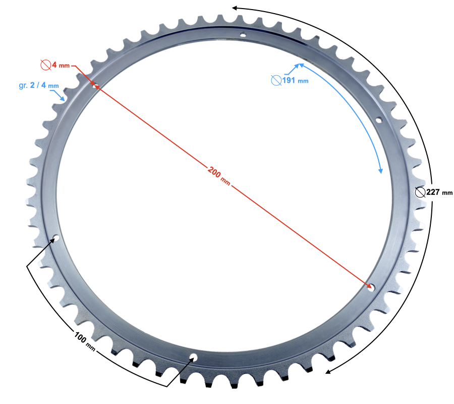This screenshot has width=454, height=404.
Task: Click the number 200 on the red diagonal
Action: pos(214,172)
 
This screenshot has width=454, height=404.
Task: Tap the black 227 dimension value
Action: pos(433,192)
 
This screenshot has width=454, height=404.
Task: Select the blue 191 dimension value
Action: pos(289,80)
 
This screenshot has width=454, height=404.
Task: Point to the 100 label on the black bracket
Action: pos(80,338)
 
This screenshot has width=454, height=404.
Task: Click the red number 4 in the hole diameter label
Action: pos(54,65)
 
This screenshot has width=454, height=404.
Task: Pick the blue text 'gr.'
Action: pos(23,85)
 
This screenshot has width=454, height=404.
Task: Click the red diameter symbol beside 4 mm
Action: pos(46,65)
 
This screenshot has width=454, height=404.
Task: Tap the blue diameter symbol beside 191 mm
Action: pos(276,80)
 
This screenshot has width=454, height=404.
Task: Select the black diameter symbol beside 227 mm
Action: pos(420,192)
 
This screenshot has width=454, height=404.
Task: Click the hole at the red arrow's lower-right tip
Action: pos(371,288)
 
